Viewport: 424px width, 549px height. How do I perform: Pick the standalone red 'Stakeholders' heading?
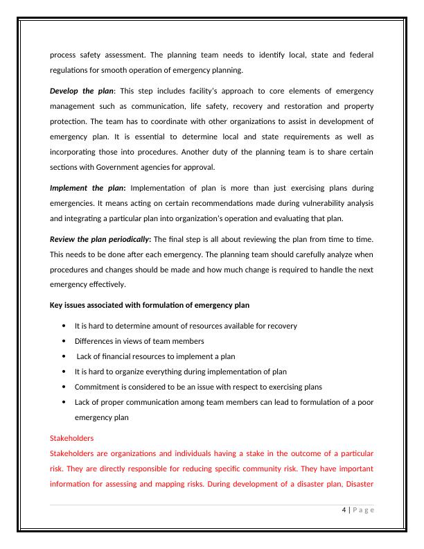coord(72,439)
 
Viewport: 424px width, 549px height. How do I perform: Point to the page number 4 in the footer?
coord(344,511)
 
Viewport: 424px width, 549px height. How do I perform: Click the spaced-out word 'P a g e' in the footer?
coord(364,511)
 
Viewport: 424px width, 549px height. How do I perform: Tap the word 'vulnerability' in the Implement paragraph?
coord(310,204)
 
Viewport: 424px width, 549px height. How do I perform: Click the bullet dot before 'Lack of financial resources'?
coord(64,356)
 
